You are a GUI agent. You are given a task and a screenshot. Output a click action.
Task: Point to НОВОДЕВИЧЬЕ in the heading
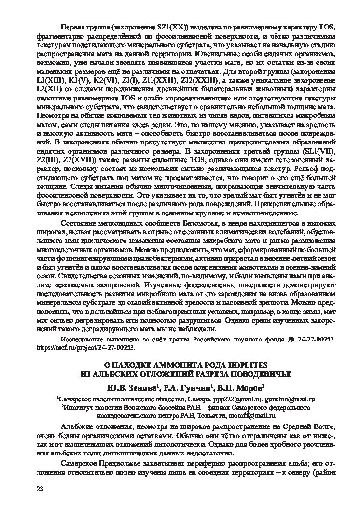255,373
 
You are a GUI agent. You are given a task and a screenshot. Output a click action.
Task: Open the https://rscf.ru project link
86,347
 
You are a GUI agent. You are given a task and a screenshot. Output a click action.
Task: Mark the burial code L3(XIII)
51,79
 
